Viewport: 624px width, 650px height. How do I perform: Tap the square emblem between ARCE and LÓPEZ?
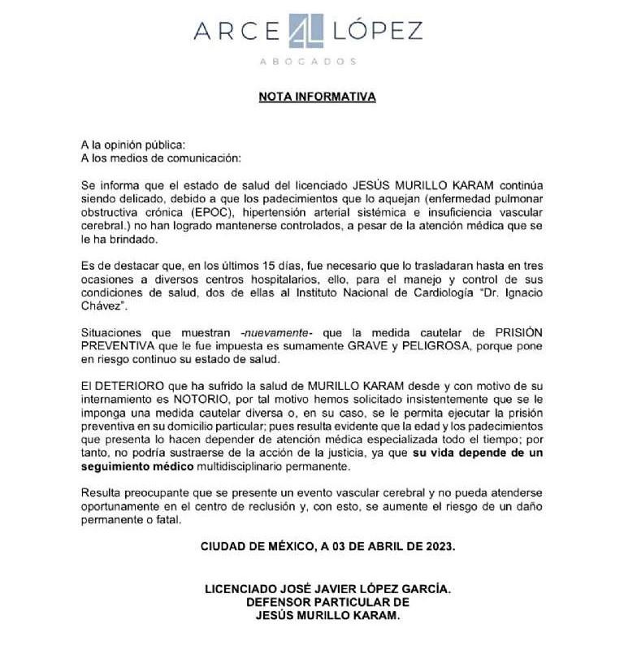click(310, 30)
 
